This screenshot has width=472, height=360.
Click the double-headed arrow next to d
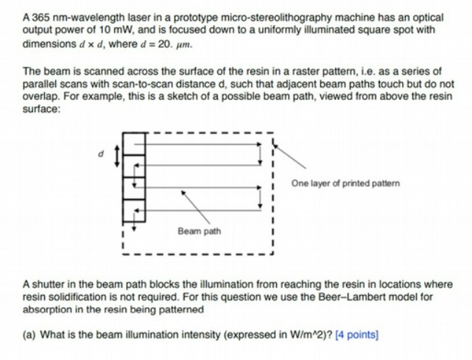tap(116, 155)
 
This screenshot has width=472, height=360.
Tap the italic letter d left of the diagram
tap(104, 154)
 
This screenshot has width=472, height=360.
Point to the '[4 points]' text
tap(356, 336)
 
